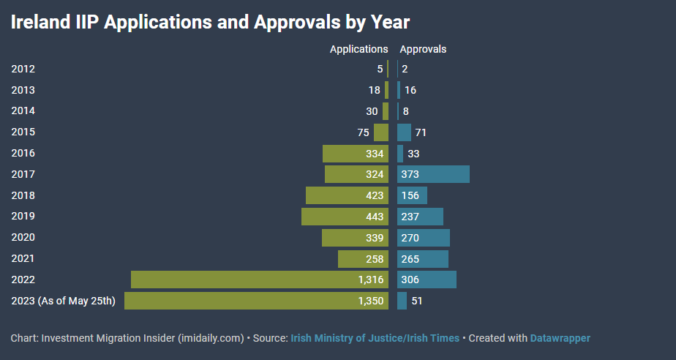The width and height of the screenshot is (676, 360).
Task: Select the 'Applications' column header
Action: point(358,49)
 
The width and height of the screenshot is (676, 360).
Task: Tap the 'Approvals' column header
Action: point(422,49)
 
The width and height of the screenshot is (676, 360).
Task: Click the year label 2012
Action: point(23,69)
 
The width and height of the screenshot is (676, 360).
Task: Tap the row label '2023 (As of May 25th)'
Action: point(63,301)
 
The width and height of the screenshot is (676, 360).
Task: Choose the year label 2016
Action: point(23,153)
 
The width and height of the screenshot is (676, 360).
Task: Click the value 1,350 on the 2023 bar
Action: point(369,301)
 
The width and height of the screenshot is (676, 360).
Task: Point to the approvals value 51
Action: point(417,301)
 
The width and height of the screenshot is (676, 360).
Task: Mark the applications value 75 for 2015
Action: point(363,132)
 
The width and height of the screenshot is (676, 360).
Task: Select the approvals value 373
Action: point(410,174)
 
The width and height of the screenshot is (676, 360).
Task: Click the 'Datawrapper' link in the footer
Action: point(560,338)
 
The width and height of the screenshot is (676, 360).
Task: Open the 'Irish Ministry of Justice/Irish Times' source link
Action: point(375,338)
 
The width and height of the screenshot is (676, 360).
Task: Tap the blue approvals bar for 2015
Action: point(404,132)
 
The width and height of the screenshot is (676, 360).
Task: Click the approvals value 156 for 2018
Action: point(410,195)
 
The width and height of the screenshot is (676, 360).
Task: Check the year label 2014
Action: point(23,111)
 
